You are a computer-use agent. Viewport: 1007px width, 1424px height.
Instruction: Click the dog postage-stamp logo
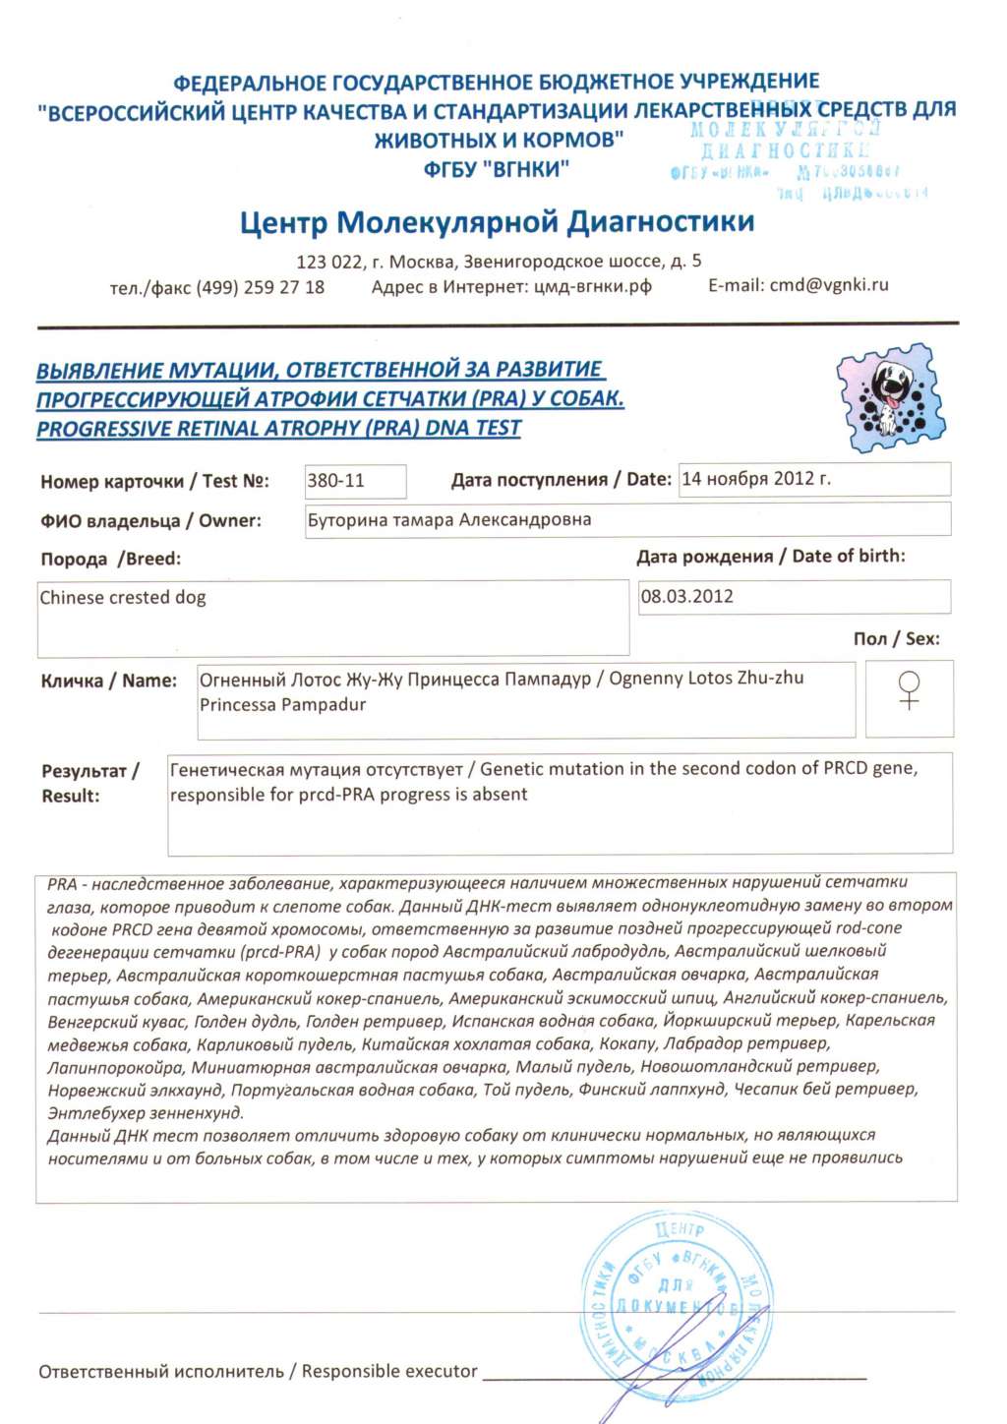(x=891, y=397)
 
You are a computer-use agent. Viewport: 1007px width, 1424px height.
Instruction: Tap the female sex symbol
(x=910, y=690)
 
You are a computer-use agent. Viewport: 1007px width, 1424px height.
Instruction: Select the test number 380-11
(x=336, y=481)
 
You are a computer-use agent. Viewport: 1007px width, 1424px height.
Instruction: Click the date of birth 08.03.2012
(x=687, y=597)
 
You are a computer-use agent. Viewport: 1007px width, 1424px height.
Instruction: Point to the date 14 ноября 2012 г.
(x=755, y=479)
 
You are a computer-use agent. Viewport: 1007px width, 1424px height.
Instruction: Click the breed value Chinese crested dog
(x=123, y=598)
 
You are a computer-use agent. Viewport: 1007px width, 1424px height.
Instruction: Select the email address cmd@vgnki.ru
(x=829, y=285)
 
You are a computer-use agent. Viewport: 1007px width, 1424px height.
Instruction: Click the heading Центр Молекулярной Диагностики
(x=497, y=222)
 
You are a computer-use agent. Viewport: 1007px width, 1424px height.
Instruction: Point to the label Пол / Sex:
(x=896, y=639)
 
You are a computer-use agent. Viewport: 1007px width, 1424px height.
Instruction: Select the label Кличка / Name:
(x=109, y=681)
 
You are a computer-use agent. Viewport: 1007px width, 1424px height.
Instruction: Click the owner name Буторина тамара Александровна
(x=449, y=520)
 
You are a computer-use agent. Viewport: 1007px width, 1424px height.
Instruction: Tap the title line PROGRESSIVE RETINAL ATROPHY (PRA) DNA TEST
(x=278, y=429)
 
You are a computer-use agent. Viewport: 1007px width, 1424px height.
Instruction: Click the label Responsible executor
(x=389, y=1371)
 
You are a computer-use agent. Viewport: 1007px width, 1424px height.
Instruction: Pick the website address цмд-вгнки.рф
(x=592, y=286)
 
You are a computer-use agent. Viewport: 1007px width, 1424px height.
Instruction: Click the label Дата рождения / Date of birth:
(x=770, y=557)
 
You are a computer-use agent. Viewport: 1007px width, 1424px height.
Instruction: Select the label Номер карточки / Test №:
(x=154, y=482)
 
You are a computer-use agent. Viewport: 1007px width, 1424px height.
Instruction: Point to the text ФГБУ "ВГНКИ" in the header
(x=497, y=169)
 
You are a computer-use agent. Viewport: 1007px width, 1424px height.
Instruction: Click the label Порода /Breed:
(x=111, y=560)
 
